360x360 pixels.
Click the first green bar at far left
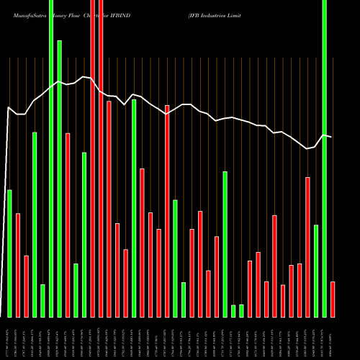pos(9,253)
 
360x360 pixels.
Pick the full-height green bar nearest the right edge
pos(324,158)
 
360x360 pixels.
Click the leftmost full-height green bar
pos(51,158)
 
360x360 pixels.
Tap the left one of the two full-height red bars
pos(92,158)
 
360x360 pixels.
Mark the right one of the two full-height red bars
pos(101,158)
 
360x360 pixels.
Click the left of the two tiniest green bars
pos(233,310)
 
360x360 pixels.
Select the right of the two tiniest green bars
pos(241,310)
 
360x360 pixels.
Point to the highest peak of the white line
pos(84,76)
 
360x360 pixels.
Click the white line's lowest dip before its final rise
pos(307,148)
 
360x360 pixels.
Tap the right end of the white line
pos(331,137)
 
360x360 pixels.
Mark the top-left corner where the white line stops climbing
pos(9,108)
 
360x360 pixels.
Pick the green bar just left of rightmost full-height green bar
pos(316,271)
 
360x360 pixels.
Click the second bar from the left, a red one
pos(18,265)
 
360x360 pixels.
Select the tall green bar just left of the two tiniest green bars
pos(225,244)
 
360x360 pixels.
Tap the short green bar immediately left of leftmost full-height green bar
pos(42,300)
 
